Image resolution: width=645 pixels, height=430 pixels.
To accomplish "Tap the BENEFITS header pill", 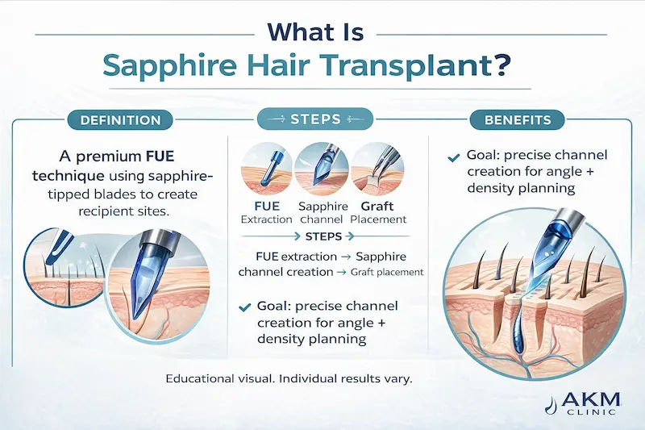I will (x=518, y=120).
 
